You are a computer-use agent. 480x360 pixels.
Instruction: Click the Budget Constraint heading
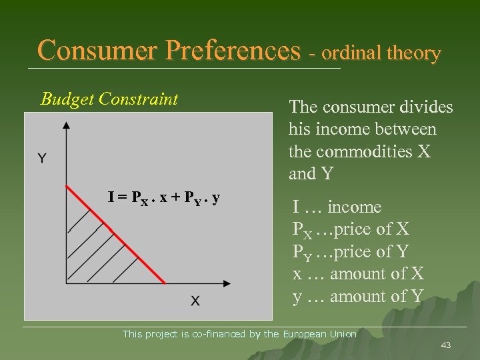(x=109, y=99)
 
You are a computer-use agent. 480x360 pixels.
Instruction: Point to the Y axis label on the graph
(x=41, y=158)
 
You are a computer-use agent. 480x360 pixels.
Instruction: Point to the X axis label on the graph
(x=195, y=301)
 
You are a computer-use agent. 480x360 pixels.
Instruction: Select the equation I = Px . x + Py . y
(x=165, y=198)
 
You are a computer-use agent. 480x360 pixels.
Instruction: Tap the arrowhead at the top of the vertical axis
(x=65, y=125)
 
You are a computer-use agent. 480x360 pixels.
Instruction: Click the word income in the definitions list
(x=354, y=207)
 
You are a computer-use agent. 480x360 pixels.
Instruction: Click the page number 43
(x=445, y=345)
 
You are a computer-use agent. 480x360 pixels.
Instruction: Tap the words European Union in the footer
(x=320, y=334)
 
